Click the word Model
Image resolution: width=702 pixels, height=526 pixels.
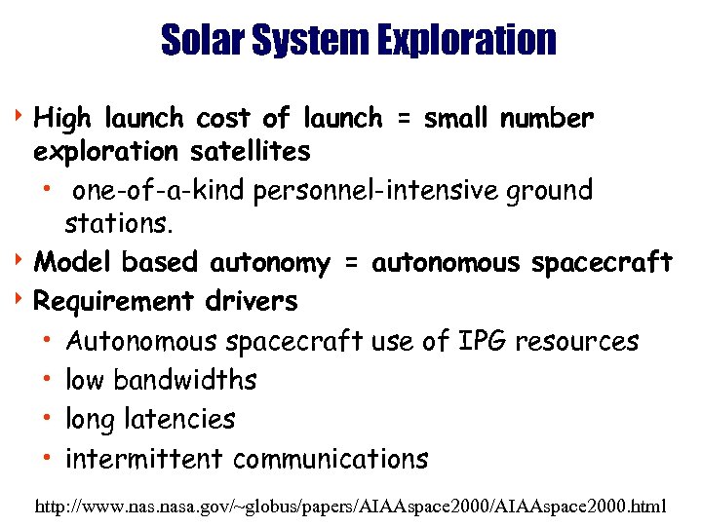pos(73,263)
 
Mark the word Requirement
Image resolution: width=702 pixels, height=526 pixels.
pos(114,301)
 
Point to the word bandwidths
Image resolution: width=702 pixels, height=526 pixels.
pos(185,380)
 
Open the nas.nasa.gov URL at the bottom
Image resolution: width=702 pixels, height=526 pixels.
pos(350,507)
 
